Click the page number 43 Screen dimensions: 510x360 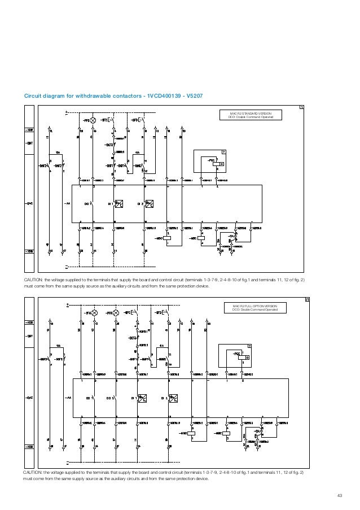339,496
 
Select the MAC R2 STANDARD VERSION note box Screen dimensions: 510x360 251,115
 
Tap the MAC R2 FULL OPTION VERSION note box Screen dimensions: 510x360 255,307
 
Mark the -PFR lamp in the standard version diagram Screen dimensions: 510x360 94,120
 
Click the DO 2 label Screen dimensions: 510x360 110,398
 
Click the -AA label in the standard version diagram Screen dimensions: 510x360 67,203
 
